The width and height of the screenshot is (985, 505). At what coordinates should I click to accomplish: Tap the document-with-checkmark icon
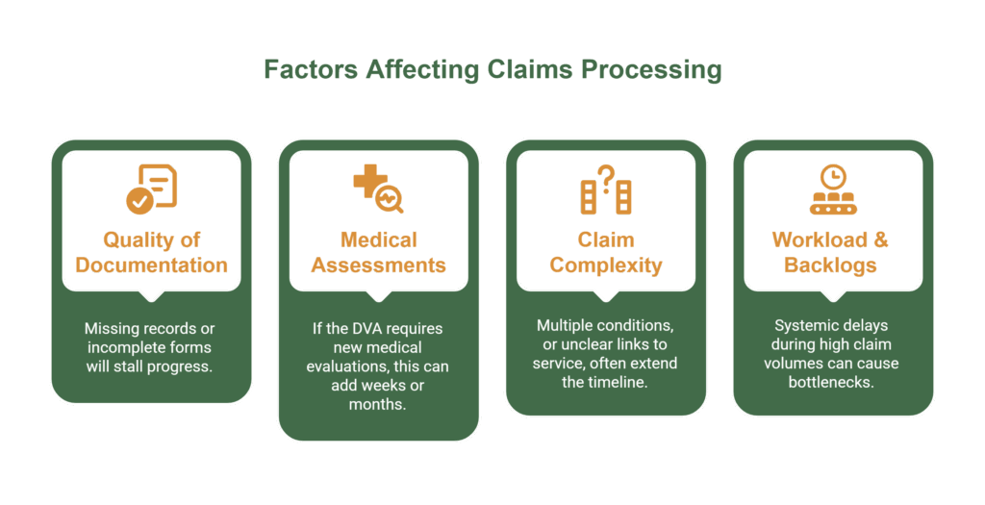pos(152,189)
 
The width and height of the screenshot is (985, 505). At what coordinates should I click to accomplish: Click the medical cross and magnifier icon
pos(378,189)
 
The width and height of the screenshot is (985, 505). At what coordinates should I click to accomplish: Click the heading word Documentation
pos(152,265)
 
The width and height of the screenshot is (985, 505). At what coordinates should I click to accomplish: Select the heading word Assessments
pos(379,265)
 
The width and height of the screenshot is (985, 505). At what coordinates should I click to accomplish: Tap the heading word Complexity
pos(606,265)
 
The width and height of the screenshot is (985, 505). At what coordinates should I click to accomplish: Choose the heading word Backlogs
pos(833,265)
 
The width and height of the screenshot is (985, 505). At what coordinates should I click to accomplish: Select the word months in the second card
pos(378,404)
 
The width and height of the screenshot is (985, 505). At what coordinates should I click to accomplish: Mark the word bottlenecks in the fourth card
pos(833,382)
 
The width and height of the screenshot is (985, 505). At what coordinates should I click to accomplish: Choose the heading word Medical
pos(379,240)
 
